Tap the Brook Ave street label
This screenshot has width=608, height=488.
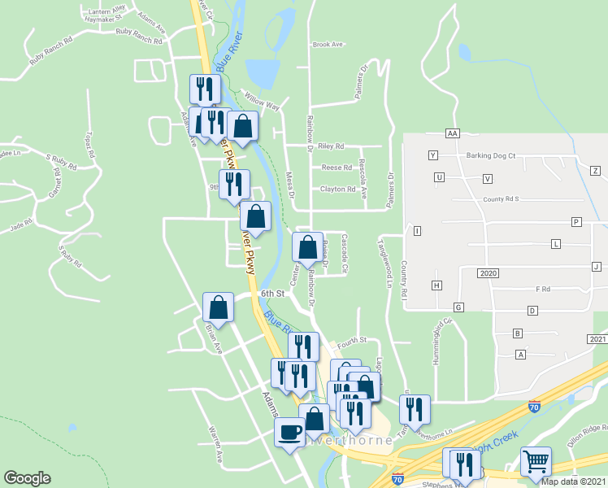tap(328, 45)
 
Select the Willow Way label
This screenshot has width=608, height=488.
tap(262, 102)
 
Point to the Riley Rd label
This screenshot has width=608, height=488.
tap(332, 146)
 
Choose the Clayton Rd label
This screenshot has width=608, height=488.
tap(338, 190)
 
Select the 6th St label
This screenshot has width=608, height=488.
tap(272, 294)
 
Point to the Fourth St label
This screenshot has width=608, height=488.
tap(353, 340)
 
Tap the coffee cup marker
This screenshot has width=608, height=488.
tap(289, 433)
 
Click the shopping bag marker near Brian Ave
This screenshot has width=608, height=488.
tap(218, 307)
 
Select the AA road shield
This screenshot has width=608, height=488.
tap(453, 133)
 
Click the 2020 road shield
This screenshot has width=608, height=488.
tap(488, 273)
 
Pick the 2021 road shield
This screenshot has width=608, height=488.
tap(596, 338)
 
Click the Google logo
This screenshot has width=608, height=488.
tap(27, 477)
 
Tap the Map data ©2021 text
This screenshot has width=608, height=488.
tap(573, 481)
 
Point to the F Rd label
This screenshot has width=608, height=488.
tap(543, 289)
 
